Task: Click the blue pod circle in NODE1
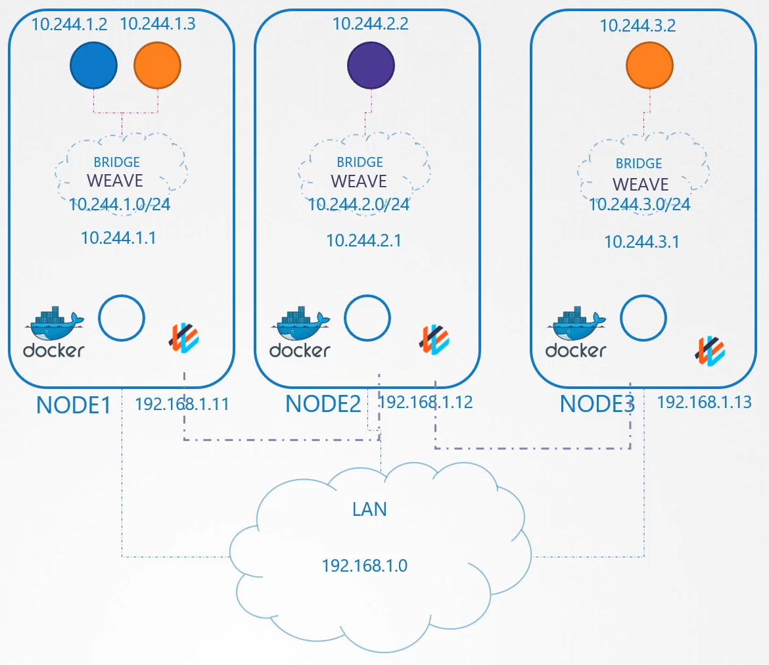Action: (94, 65)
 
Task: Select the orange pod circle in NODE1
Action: (157, 65)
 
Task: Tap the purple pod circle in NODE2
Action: (371, 65)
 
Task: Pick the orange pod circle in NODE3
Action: (649, 66)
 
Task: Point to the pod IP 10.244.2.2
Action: (371, 24)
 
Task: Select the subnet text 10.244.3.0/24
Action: (640, 204)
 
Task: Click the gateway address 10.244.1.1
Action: (118, 238)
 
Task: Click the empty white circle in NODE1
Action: (122, 319)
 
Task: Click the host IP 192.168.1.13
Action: (704, 402)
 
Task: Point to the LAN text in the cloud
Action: (369, 509)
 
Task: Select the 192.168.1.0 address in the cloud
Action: (365, 565)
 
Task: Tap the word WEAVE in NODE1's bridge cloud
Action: (114, 180)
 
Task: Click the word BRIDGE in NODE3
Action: (639, 164)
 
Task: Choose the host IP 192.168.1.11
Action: (182, 403)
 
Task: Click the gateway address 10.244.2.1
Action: (363, 241)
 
